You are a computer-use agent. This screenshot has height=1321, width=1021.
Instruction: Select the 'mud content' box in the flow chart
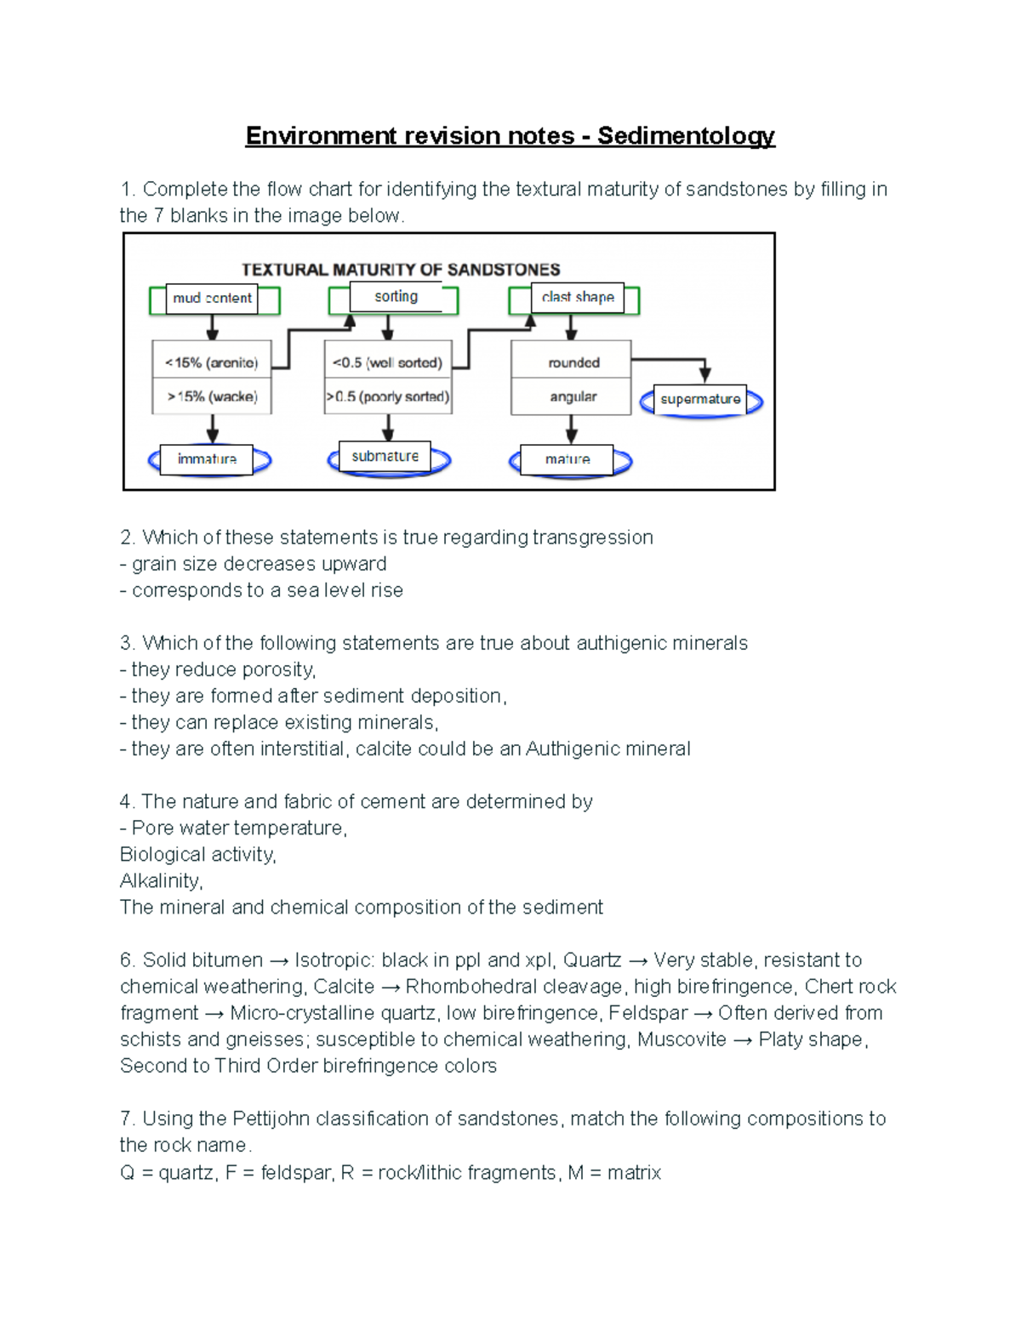coord(212,299)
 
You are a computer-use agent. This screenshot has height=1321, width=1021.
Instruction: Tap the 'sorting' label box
coord(396,297)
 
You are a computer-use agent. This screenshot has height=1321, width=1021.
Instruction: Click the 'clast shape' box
coord(578,298)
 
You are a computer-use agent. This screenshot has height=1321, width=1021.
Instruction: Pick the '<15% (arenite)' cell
coord(212,362)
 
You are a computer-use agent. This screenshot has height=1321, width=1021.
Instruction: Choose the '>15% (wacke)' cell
coord(212,396)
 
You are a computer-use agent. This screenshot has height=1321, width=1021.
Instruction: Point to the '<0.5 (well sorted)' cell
coord(388,362)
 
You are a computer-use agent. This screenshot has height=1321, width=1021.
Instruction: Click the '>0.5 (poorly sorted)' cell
coord(388,396)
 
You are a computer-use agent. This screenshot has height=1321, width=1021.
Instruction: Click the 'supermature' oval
coord(700,399)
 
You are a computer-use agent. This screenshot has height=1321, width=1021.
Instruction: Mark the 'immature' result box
coord(207,459)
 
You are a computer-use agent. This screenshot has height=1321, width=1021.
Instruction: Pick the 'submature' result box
coord(385,457)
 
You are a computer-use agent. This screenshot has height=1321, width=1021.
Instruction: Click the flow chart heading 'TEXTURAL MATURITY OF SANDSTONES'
coord(401,270)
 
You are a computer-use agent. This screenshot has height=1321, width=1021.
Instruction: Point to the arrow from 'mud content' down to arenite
coord(213,327)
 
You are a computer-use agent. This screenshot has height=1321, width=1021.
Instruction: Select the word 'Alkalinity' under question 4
coord(160,881)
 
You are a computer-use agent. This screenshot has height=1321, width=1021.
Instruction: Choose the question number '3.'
coord(128,643)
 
